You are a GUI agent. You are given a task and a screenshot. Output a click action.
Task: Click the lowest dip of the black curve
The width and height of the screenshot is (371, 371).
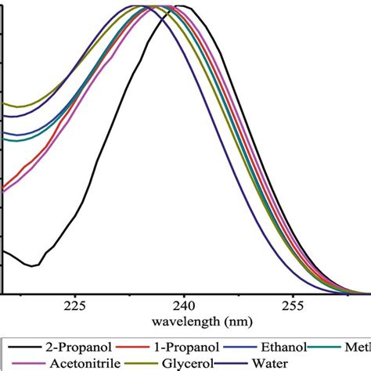(x=32, y=266)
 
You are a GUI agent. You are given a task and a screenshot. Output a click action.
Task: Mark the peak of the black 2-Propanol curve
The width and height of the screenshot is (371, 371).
(x=180, y=6)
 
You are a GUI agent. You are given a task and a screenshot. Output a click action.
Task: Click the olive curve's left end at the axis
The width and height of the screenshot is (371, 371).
(x=4, y=103)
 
